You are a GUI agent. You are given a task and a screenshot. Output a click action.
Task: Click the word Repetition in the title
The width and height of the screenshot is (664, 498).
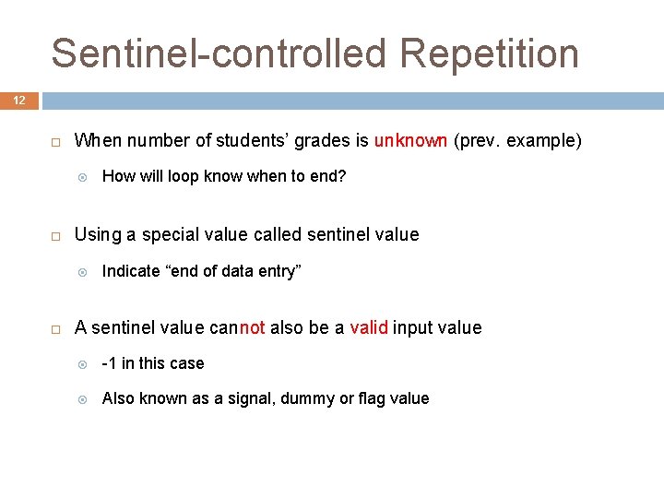(x=490, y=54)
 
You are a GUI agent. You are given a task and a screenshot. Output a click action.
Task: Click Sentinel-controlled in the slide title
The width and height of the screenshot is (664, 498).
(x=220, y=54)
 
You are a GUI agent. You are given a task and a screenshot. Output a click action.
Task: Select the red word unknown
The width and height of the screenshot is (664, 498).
(x=410, y=141)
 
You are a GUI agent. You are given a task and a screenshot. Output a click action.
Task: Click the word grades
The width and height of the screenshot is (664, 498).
(x=321, y=141)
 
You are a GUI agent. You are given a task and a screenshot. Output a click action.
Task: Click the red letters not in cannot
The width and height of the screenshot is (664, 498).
(x=252, y=327)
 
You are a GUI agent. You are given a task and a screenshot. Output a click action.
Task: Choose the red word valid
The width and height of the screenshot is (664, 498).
(x=369, y=327)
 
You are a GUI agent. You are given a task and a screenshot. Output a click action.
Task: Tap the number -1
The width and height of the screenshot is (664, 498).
(x=109, y=363)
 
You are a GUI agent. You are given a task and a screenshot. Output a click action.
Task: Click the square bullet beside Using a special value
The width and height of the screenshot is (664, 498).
(x=54, y=235)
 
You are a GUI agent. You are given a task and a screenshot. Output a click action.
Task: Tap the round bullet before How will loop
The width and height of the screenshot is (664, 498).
(x=82, y=177)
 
